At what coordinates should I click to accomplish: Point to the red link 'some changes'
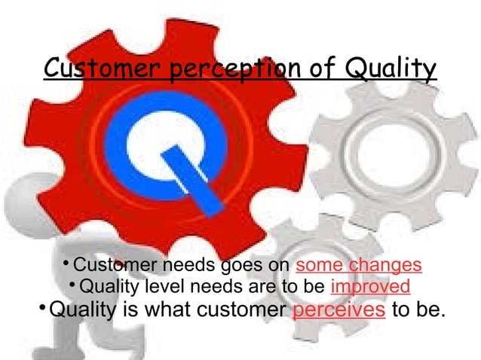tap(360, 266)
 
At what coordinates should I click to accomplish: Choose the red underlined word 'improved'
tap(370, 287)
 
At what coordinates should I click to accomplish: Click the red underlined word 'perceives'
tap(339, 310)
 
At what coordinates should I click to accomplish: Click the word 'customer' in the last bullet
tap(236, 310)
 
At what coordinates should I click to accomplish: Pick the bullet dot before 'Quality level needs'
tap(71, 285)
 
